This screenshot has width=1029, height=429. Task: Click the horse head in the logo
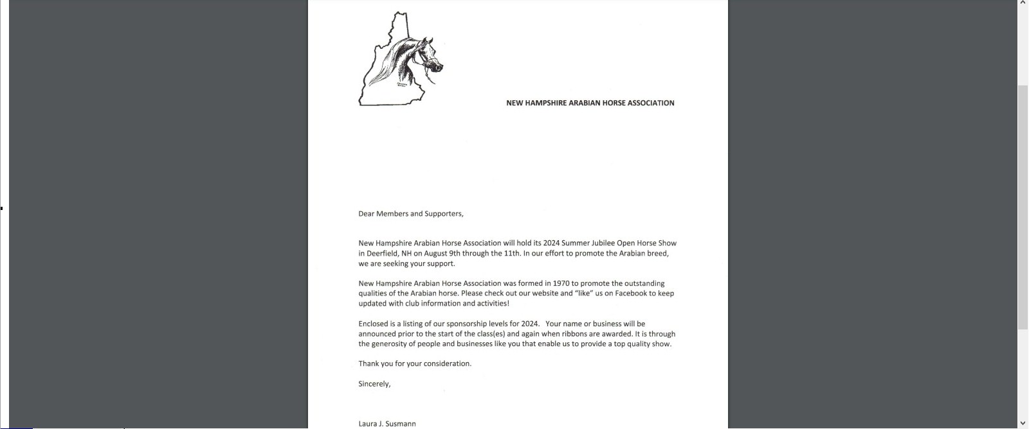[421, 58]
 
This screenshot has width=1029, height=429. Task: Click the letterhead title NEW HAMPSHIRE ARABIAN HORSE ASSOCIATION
[590, 103]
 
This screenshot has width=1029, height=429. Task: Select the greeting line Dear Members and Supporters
[410, 214]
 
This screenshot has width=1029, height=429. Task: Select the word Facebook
[630, 293]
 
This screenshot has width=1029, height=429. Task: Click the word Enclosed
[373, 324]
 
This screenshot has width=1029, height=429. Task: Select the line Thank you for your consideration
[415, 363]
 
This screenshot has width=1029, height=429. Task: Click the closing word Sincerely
[374, 384]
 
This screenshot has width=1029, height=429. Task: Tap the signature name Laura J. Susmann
[387, 424]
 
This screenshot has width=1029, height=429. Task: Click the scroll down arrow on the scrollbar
[1023, 423]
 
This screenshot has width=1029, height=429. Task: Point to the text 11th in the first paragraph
[512, 254]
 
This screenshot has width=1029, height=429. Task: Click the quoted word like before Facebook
[583, 293]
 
